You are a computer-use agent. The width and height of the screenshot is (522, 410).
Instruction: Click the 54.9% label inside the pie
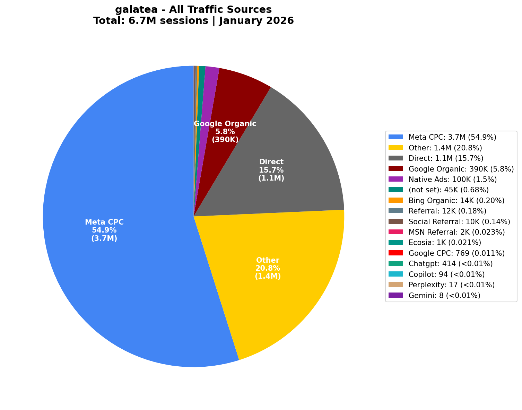[104, 230]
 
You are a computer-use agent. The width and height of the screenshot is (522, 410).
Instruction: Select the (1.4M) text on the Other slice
[268, 276]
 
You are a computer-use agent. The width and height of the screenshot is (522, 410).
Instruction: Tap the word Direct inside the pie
[271, 162]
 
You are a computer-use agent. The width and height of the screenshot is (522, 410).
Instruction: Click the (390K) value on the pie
[225, 140]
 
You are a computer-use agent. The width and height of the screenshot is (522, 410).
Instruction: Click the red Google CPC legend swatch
[395, 253]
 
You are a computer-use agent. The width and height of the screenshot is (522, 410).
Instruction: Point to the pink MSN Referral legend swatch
[395, 232]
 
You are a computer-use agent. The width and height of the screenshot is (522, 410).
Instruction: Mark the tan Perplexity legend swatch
[395, 285]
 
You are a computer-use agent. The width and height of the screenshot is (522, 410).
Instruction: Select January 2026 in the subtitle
[256, 21]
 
